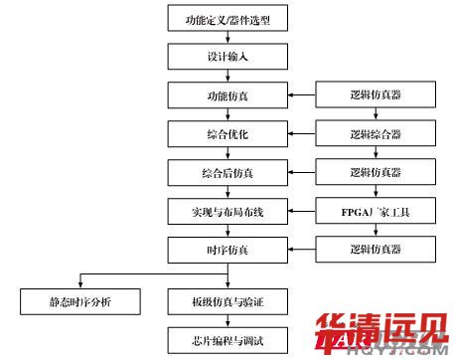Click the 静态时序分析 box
[80, 298]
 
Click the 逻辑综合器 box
[377, 133]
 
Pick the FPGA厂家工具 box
[377, 211]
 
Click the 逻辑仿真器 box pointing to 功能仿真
[377, 96]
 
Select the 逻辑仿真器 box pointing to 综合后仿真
[377, 172]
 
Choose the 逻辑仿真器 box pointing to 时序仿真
[377, 249]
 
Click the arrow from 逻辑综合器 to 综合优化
[302, 133]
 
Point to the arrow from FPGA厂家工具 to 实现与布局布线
[302, 211]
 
